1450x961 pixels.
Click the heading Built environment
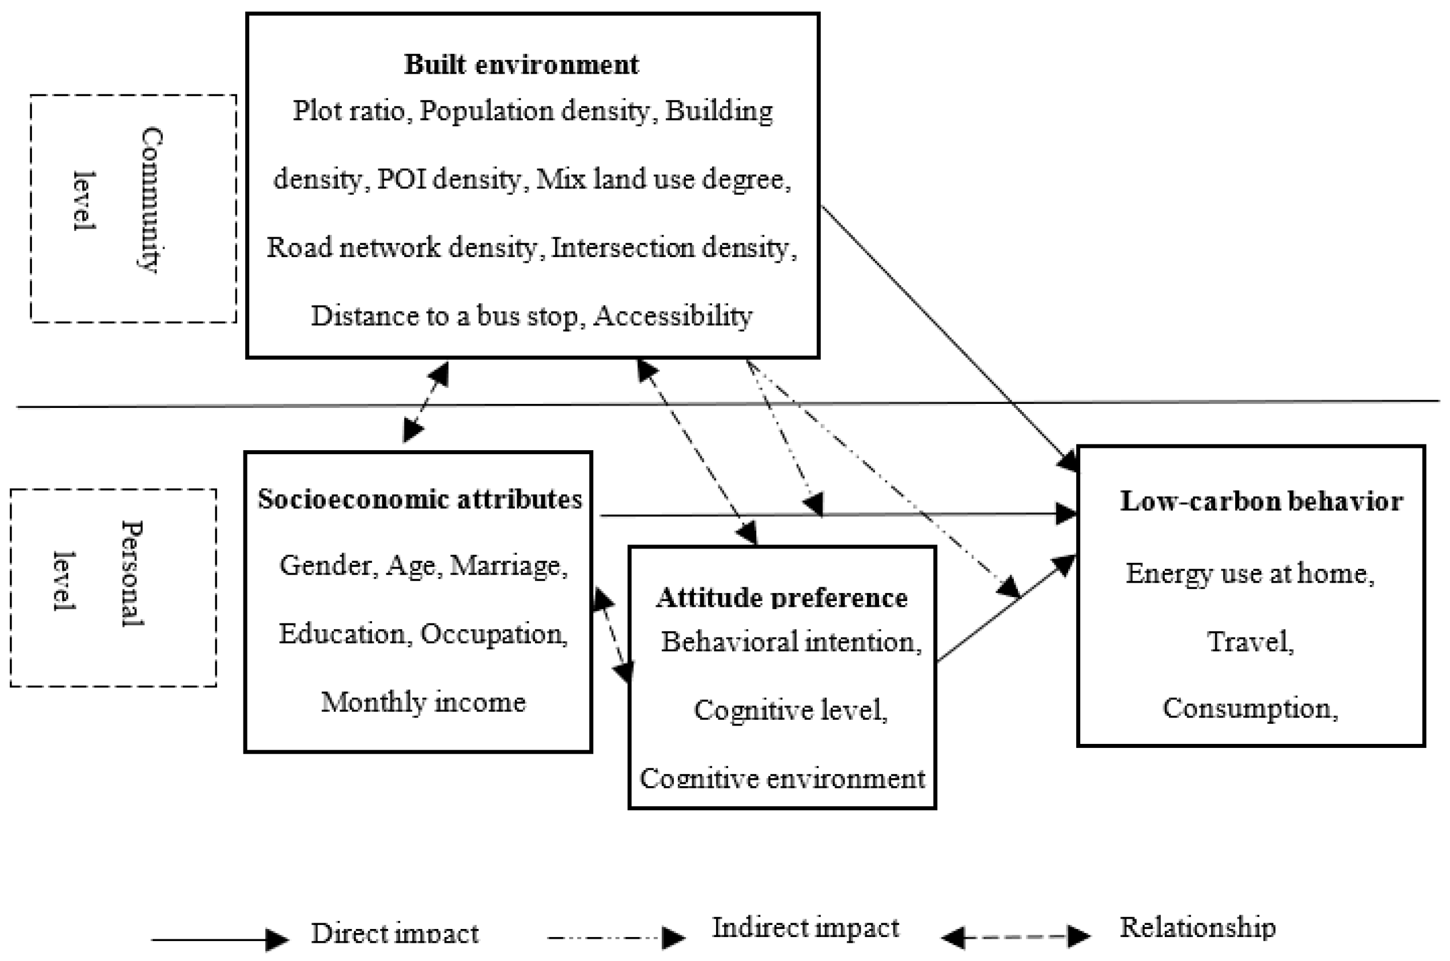[521, 65]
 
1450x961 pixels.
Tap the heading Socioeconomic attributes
[420, 499]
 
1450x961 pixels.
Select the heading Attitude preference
[782, 598]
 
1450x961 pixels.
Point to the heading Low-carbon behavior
[1261, 501]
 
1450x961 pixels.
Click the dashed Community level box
[133, 209]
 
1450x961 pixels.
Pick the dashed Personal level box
[113, 588]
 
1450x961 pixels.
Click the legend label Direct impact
[394, 933]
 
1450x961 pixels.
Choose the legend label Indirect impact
[805, 927]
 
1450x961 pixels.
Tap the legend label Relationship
[1197, 927]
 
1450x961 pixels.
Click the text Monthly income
[423, 702]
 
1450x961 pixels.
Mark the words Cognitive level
[789, 710]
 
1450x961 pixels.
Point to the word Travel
[1249, 642]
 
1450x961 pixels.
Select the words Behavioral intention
[790, 642]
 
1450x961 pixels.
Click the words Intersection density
[673, 247]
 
